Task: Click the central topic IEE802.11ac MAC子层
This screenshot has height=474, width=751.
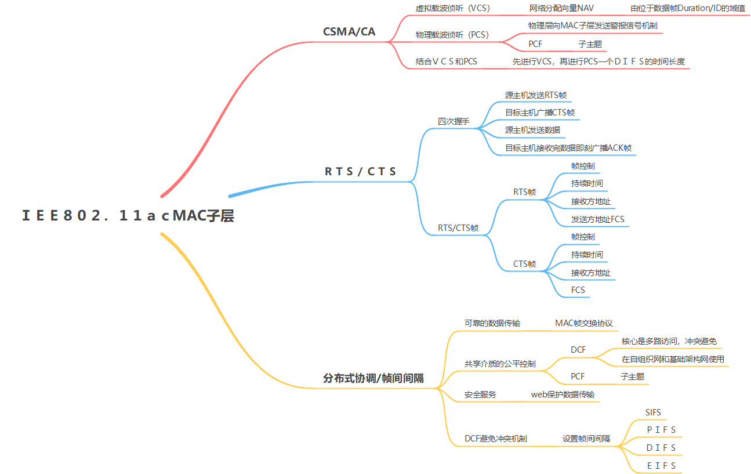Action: click(128, 216)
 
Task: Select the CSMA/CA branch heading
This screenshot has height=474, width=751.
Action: click(349, 31)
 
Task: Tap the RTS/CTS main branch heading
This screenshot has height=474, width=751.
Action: click(360, 171)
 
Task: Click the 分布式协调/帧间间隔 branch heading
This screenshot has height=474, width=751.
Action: click(373, 378)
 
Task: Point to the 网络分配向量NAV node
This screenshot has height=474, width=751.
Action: click(561, 8)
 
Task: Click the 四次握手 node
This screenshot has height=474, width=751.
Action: click(453, 122)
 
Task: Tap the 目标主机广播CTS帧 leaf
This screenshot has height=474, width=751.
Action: click(539, 113)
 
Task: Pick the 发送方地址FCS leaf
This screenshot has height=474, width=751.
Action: click(597, 219)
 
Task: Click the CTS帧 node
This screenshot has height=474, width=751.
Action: click(524, 264)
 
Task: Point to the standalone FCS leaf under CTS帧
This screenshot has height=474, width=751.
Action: click(578, 290)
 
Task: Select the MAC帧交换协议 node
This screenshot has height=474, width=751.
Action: click(583, 323)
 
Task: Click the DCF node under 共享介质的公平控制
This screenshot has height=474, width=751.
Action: click(578, 350)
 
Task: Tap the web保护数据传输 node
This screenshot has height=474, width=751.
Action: click(563, 395)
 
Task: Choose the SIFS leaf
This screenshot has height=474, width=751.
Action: click(653, 413)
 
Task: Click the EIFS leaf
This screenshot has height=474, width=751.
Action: click(661, 465)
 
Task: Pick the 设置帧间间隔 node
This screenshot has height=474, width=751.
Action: click(586, 439)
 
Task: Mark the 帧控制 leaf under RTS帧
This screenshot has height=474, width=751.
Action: click(582, 166)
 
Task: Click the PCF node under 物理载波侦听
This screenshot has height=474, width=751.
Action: click(535, 44)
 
